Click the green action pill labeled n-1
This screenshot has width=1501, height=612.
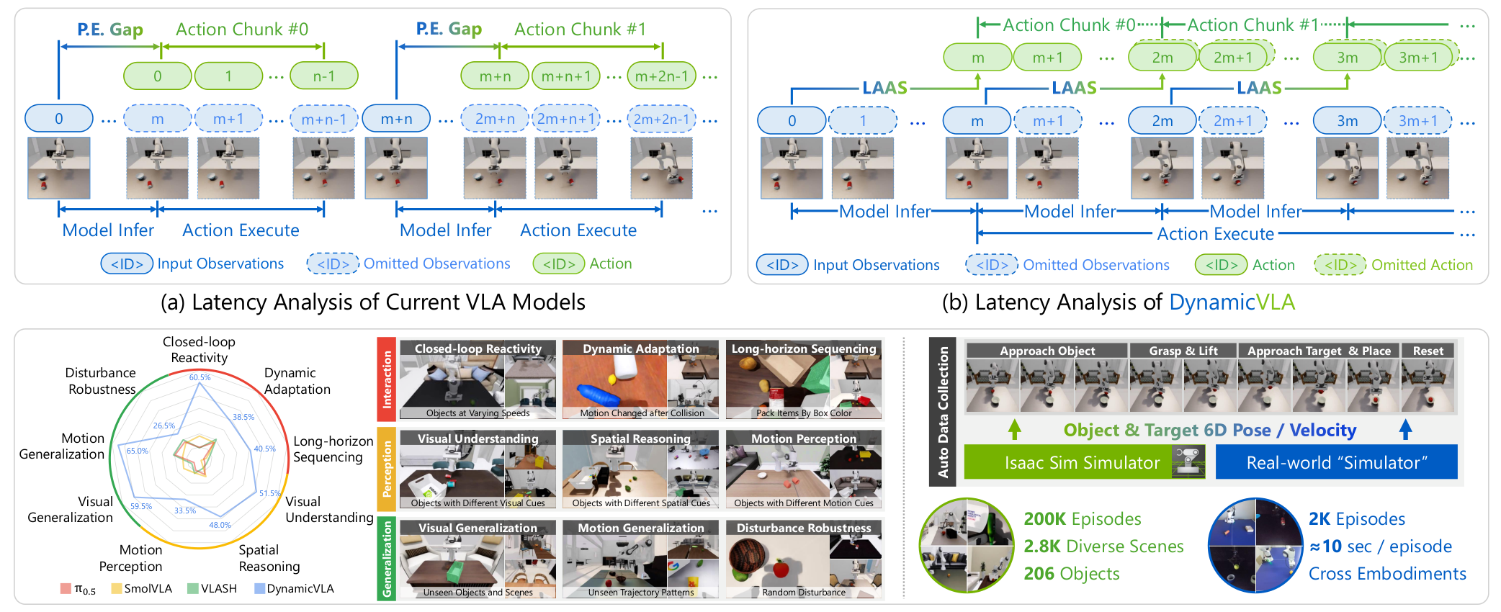click(323, 76)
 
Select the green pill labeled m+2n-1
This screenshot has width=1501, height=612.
click(661, 76)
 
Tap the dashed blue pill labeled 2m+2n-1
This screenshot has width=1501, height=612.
click(661, 119)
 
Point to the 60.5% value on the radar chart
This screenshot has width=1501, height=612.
click(200, 377)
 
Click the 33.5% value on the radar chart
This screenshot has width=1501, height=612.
click(184, 510)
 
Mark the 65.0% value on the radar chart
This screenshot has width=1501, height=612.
click(137, 451)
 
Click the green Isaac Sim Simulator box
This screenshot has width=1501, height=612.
click(1083, 462)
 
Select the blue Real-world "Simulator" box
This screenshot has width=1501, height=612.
click(1336, 462)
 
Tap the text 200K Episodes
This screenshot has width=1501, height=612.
click(1082, 519)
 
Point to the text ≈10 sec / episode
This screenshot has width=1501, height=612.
click(1380, 546)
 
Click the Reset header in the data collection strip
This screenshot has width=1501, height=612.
click(1428, 351)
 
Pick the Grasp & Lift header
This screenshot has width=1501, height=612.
click(1183, 351)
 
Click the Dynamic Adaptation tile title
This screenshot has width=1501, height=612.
click(640, 348)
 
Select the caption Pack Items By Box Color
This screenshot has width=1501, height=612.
click(804, 413)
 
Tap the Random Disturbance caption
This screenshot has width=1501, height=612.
click(804, 593)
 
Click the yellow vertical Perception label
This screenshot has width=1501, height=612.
click(387, 469)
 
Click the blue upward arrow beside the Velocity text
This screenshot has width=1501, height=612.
click(1405, 430)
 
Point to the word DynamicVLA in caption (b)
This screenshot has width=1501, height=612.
click(1232, 302)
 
